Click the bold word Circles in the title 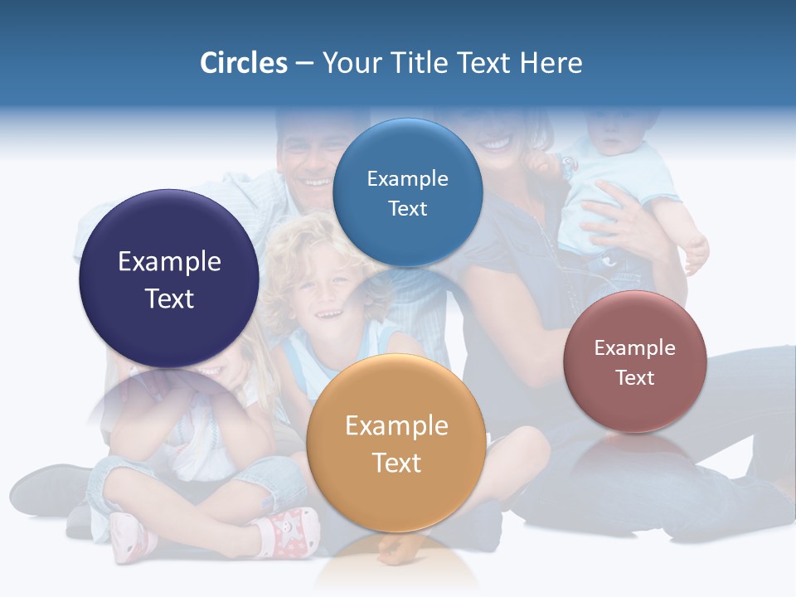pyautogui.click(x=244, y=63)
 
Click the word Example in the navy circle pyautogui.click(x=169, y=262)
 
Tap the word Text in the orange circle pyautogui.click(x=396, y=463)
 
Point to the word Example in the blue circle pyautogui.click(x=407, y=179)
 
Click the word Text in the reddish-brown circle pyautogui.click(x=634, y=378)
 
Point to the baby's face pyautogui.click(x=614, y=133)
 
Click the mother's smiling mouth pyautogui.click(x=496, y=143)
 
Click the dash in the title pyautogui.click(x=304, y=64)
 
